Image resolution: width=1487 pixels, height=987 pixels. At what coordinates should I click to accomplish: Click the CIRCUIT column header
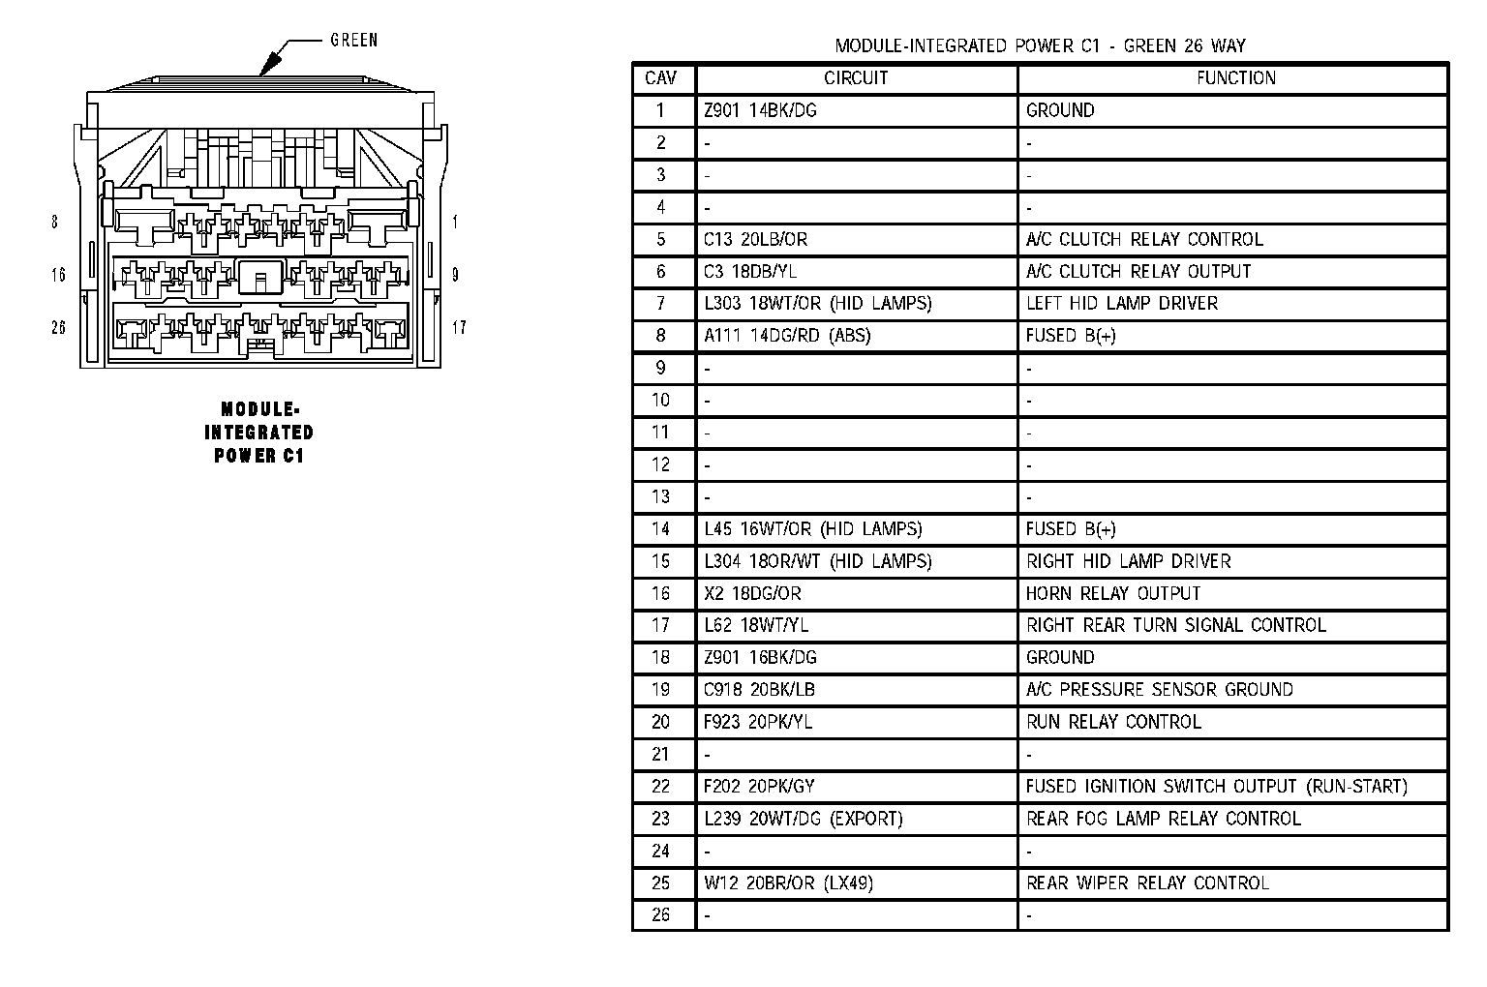pyautogui.click(x=856, y=78)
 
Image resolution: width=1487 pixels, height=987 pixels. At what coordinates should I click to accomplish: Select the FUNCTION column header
pyautogui.click(x=1235, y=78)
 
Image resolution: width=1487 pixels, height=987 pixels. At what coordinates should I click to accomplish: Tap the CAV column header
pyautogui.click(x=661, y=78)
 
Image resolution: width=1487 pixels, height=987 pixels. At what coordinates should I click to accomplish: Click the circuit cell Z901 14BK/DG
pyautogui.click(x=760, y=110)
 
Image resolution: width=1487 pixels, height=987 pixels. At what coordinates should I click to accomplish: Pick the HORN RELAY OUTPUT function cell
pyautogui.click(x=1113, y=593)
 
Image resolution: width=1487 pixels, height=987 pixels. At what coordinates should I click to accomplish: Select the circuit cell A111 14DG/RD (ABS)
pyautogui.click(x=787, y=336)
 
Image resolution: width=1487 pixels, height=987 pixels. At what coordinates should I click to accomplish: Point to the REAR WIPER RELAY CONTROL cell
pyautogui.click(x=1147, y=882)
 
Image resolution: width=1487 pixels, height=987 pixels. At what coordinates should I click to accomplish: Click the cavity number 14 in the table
pyautogui.click(x=661, y=529)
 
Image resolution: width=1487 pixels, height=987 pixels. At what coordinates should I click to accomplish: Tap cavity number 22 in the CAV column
pyautogui.click(x=661, y=787)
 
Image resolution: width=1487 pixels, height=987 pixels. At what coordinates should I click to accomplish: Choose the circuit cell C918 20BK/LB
pyautogui.click(x=752, y=690)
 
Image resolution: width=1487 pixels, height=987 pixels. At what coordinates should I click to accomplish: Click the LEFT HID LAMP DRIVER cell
pyautogui.click(x=1122, y=304)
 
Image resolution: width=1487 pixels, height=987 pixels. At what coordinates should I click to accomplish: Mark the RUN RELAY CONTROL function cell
pyautogui.click(x=1113, y=722)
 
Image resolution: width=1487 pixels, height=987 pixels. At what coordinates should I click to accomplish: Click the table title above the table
pyautogui.click(x=1041, y=45)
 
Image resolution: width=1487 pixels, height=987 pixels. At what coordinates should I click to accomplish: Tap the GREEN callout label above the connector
pyautogui.click(x=354, y=41)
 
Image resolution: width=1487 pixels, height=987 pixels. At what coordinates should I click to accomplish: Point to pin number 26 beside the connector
pyautogui.click(x=58, y=328)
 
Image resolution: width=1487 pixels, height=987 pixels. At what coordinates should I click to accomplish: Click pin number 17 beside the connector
pyautogui.click(x=459, y=328)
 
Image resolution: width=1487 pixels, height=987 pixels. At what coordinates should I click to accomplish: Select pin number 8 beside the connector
pyautogui.click(x=54, y=223)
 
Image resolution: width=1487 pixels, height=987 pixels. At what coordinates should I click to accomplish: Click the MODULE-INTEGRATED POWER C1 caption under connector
pyautogui.click(x=258, y=433)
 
